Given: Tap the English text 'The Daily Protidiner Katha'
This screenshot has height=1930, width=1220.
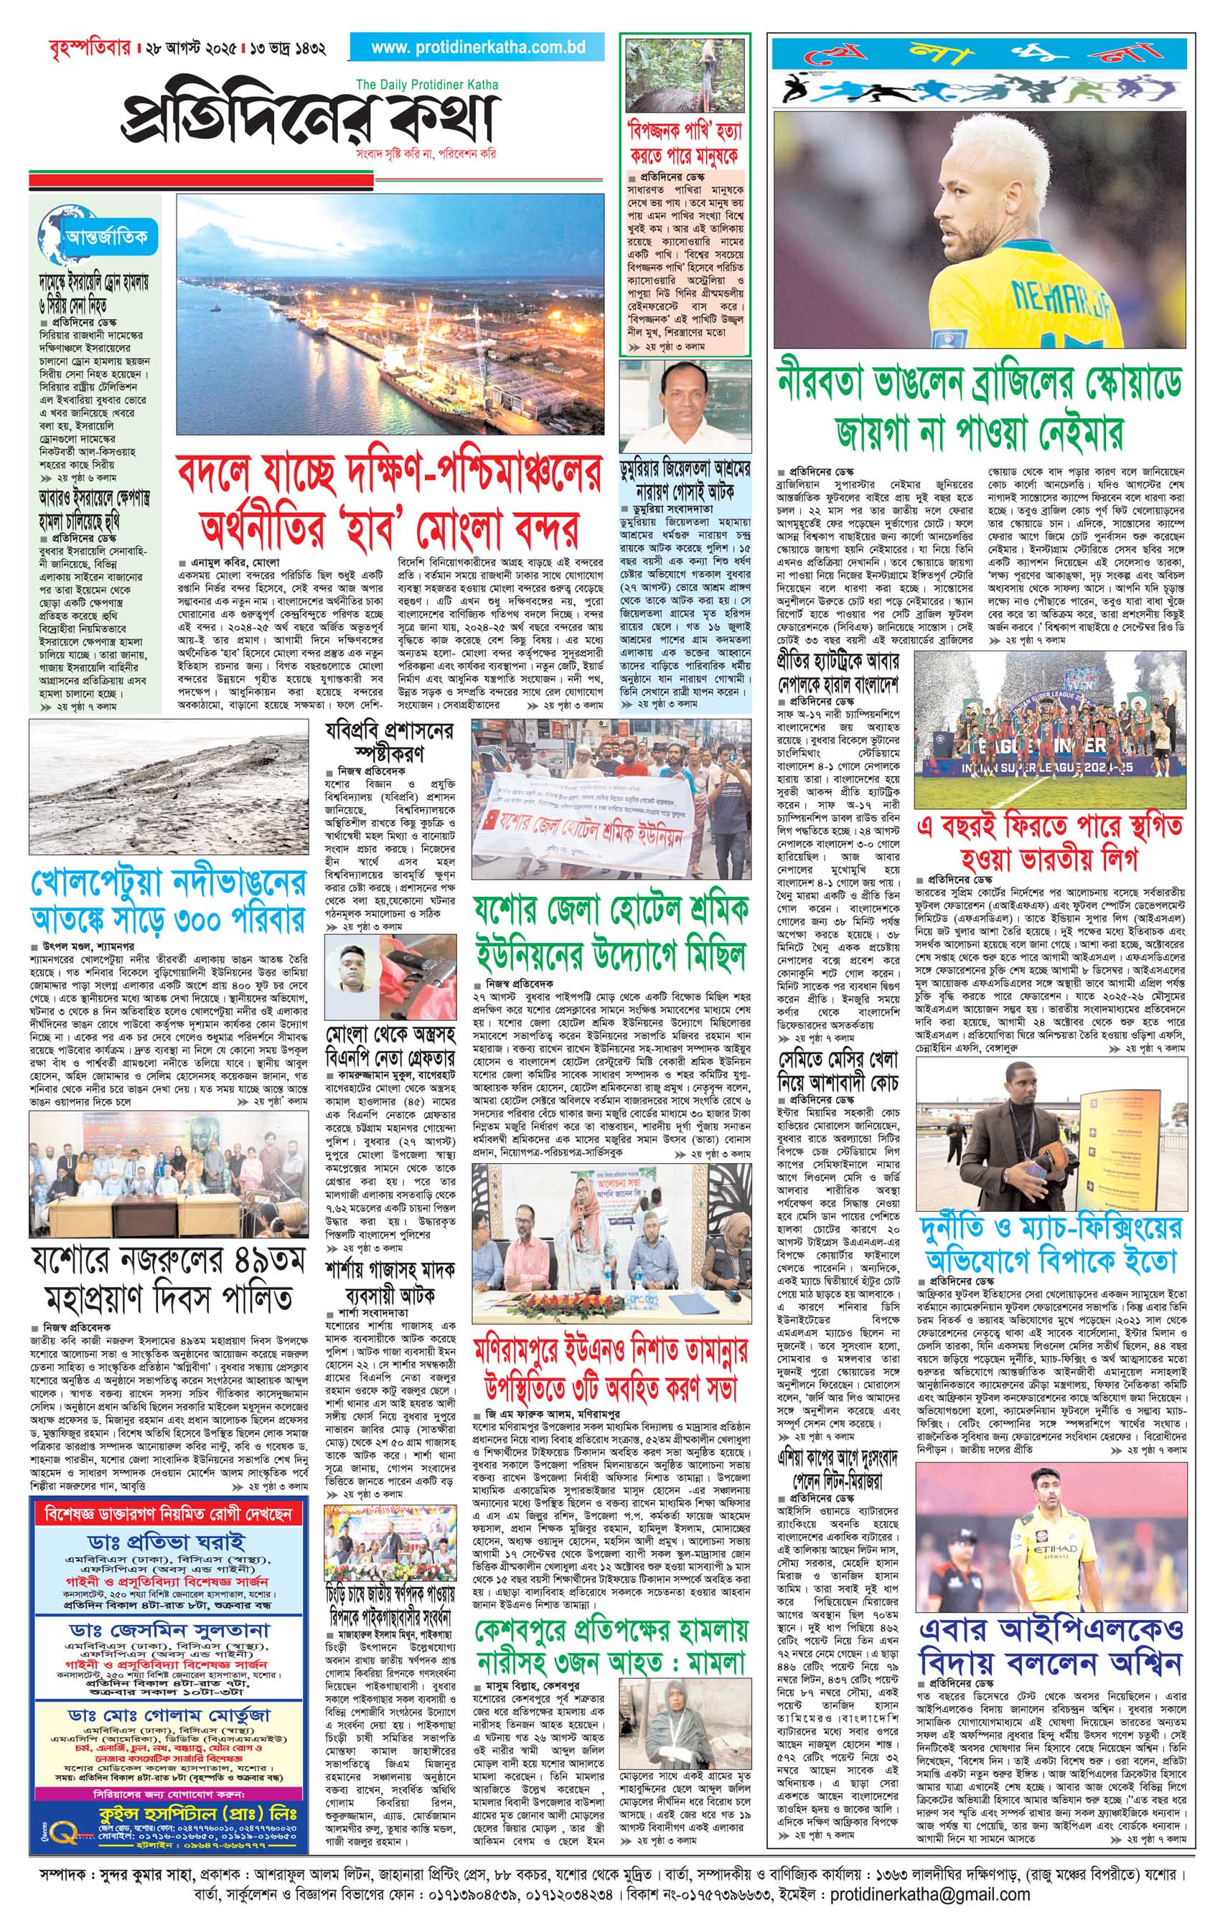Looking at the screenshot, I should tap(426, 84).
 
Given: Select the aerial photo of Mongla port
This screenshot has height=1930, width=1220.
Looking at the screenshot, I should tap(390, 315).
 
